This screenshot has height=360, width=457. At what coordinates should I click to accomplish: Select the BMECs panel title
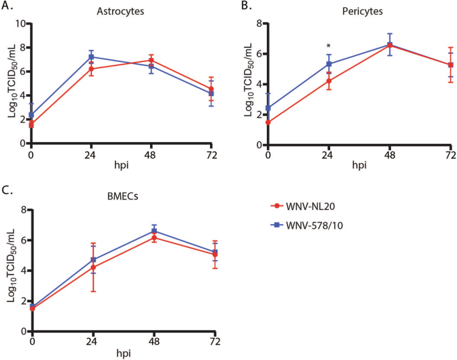(121, 198)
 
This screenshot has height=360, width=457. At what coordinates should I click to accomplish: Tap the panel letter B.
(245, 7)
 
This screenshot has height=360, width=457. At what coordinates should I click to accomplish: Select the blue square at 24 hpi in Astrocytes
(91, 57)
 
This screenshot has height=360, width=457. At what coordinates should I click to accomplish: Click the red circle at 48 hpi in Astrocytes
(151, 61)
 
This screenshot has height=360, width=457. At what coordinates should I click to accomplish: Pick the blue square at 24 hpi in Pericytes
(329, 64)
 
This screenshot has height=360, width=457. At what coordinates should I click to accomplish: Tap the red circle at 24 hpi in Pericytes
(329, 81)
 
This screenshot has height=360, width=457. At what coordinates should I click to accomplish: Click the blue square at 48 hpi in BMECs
(154, 231)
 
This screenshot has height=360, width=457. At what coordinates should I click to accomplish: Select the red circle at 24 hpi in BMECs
(93, 267)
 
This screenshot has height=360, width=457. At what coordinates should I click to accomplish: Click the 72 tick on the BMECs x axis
(214, 342)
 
